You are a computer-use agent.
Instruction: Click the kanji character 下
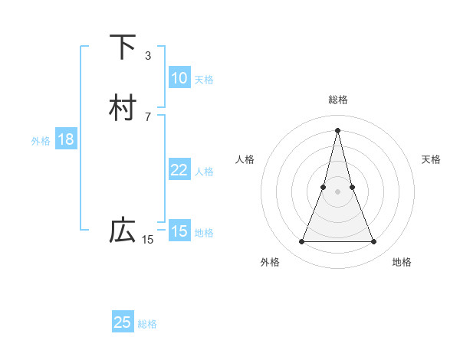(x=123, y=47)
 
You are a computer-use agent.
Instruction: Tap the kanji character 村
(x=123, y=108)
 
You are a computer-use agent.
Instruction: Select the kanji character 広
(x=123, y=231)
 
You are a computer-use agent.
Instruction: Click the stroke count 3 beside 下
(x=148, y=55)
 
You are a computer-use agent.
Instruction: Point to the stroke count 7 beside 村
(x=148, y=116)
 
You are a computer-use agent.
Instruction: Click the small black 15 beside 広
(x=148, y=240)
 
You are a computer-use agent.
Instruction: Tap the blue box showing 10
(x=179, y=78)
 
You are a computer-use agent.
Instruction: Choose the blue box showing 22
(x=179, y=170)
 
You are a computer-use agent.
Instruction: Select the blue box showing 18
(x=65, y=139)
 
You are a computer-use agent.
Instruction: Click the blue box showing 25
(x=123, y=322)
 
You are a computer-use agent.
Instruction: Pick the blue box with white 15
(x=179, y=231)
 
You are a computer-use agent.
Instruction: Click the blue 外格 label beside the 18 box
(x=41, y=141)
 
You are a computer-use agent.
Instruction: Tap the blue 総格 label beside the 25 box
(x=147, y=324)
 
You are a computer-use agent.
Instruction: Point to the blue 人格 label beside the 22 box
(x=204, y=172)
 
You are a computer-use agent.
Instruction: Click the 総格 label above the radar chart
(x=337, y=100)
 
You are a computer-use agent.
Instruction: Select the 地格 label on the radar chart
(x=402, y=262)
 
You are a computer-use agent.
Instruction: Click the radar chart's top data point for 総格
(x=337, y=131)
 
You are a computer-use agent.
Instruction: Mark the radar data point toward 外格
(x=301, y=242)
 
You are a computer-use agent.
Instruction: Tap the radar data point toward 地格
(x=374, y=242)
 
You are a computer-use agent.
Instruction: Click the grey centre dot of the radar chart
(x=337, y=191)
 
